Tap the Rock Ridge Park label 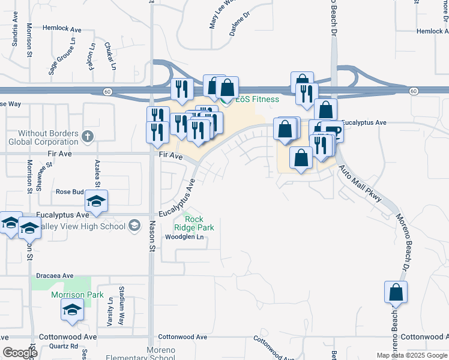coord(193,223)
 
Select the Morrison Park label coord(77,295)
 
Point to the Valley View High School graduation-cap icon coord(134,226)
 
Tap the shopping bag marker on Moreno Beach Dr coord(396,292)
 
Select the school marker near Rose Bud coord(96,201)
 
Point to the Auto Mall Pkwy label coord(360,184)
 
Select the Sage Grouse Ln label coord(61,60)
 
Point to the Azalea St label coord(96,172)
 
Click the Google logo coord(20,353)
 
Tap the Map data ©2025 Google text coord(411,355)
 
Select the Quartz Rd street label coord(64,346)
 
